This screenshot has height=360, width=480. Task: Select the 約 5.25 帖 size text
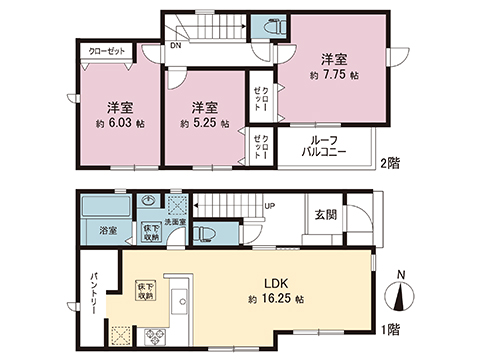[205, 123]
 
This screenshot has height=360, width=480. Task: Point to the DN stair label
[175, 45]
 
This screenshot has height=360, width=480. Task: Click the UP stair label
[269, 208]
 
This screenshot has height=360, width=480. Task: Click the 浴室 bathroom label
[107, 230]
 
